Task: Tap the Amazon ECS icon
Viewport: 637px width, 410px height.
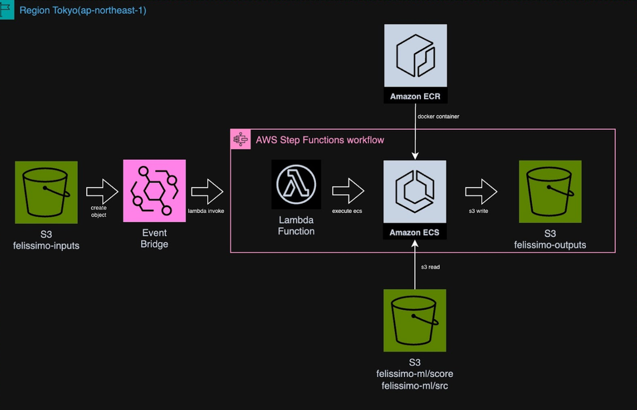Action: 415,193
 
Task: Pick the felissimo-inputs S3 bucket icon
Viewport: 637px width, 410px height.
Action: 46,192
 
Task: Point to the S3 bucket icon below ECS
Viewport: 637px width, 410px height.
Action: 414,320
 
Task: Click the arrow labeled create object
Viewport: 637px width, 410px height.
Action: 101,190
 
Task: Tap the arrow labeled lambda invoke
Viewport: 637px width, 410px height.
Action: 207,190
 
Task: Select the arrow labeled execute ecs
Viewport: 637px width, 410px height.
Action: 347,190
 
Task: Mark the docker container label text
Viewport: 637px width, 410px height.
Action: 438,116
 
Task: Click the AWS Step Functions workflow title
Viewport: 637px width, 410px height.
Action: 320,140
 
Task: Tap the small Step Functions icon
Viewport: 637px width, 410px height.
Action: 239,139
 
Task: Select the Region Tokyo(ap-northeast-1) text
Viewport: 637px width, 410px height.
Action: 83,11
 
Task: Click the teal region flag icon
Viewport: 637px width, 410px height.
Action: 7,10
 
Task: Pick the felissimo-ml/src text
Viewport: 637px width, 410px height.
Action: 414,386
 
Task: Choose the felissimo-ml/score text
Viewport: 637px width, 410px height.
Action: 414,374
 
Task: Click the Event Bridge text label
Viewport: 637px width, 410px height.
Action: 154,238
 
